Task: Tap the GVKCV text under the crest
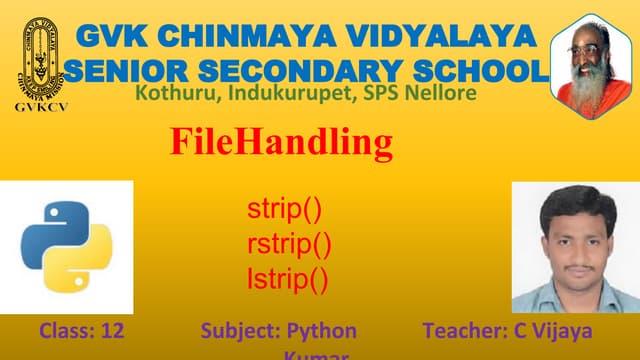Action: (39, 104)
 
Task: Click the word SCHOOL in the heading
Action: (481, 71)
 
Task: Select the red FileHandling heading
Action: (281, 143)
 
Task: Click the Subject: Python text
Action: (278, 331)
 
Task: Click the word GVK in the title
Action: (109, 37)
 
